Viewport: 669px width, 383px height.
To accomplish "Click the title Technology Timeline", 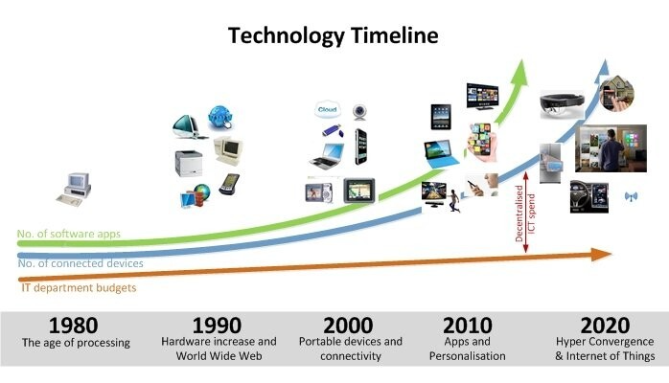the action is point(334,35).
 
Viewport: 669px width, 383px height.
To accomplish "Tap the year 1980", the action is point(74,325).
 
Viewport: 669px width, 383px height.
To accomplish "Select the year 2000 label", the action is point(348,325).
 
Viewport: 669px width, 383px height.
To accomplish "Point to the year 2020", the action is point(605,325).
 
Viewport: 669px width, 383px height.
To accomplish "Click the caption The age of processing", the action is point(76,343).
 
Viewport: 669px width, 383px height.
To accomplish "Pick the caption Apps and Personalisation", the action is point(467,349).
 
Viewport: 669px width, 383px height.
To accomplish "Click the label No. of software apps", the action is point(69,234).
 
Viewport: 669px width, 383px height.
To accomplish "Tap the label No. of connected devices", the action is point(81,263).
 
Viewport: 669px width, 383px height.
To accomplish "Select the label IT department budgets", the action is point(79,287).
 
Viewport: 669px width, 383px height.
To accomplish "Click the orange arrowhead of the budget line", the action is point(602,255).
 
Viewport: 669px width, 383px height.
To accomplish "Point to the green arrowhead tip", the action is point(521,60).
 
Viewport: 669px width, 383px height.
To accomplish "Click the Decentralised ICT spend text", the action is point(525,213).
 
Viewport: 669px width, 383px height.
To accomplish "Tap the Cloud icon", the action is point(327,109).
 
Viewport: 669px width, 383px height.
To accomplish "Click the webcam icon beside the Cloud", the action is point(359,112).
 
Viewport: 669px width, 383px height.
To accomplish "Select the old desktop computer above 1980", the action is point(74,190).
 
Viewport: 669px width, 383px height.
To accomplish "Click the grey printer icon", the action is point(189,163).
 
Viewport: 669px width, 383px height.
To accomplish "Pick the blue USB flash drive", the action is point(333,130).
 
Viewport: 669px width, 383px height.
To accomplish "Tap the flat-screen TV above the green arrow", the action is point(482,97).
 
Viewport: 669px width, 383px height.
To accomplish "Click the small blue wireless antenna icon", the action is point(631,196).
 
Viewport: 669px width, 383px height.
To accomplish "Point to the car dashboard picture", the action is point(589,196).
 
